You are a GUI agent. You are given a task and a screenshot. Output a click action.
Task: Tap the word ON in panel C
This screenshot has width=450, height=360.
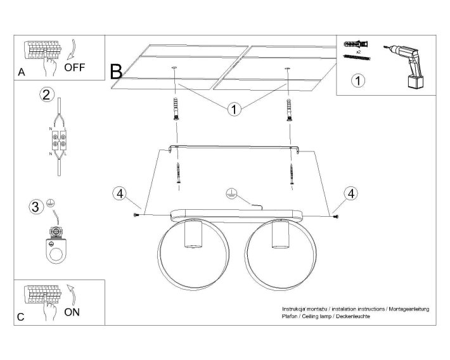click(72, 312)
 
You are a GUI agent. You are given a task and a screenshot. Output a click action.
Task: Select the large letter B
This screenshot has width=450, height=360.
click(117, 72)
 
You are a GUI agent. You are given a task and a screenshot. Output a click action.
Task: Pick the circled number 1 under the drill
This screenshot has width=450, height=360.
click(359, 80)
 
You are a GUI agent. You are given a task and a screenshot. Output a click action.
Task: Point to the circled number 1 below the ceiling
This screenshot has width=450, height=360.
click(235, 110)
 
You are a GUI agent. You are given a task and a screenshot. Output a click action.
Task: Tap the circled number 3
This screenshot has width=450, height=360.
click(37, 206)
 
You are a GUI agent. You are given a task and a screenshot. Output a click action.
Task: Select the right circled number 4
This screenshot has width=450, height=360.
click(350, 194)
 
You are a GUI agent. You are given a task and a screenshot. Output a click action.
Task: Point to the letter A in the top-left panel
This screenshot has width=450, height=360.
click(22, 73)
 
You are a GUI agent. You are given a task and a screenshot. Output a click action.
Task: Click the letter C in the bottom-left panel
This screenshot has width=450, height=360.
click(22, 317)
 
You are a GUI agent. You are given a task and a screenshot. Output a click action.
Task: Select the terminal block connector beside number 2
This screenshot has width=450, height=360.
click(59, 140)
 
